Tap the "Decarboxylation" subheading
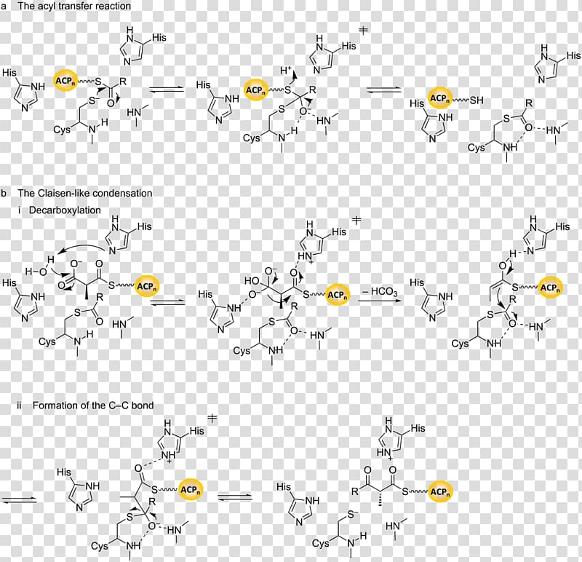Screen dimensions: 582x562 coord(65,210)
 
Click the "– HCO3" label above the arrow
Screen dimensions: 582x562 coord(380,291)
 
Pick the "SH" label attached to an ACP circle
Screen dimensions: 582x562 coord(477,100)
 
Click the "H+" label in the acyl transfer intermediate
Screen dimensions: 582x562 coord(286,70)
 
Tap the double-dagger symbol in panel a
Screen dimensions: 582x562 coord(363,30)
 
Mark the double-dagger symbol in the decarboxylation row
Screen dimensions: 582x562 coord(356,221)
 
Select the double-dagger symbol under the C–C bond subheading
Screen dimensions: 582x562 coord(212,419)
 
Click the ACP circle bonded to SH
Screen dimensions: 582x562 coord(440,98)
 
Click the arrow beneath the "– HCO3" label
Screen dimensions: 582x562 coord(380,300)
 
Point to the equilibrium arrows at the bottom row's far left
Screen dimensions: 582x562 coord(19,499)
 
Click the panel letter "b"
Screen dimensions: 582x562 coord(4,193)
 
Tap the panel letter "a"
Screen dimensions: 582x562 coord(4,7)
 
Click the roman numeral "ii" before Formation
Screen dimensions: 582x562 coord(19,405)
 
